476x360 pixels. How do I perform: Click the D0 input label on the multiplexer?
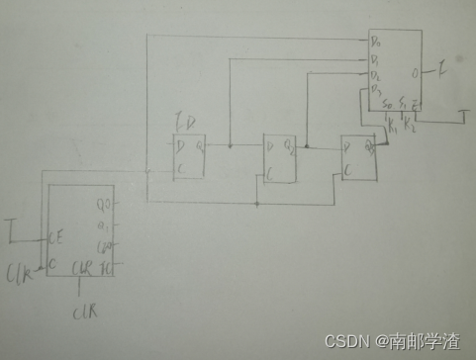click(x=375, y=43)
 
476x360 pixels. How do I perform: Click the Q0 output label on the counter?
click(x=102, y=206)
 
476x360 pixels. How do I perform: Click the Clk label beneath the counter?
click(x=83, y=313)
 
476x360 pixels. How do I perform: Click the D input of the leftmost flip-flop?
click(x=179, y=147)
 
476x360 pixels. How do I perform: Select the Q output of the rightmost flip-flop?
click(x=368, y=147)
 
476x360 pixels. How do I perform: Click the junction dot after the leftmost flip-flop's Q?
click(x=230, y=146)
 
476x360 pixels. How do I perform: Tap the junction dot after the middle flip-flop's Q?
click(x=307, y=146)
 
